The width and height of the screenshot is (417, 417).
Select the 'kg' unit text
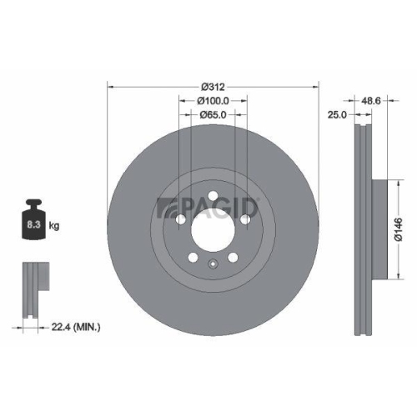point(55,225)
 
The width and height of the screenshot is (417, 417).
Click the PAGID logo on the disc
point(209,205)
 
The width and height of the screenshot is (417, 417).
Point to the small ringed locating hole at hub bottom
point(214,266)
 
